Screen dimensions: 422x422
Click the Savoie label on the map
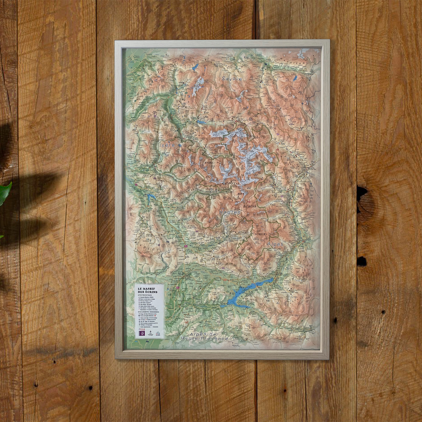232,78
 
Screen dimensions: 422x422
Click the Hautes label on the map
230,212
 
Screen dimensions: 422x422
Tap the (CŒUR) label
261,234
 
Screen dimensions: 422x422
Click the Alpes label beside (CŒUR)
275,244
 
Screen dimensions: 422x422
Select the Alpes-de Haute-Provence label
204,336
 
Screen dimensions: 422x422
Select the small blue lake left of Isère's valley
151,197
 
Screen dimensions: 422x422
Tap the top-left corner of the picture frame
116,41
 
